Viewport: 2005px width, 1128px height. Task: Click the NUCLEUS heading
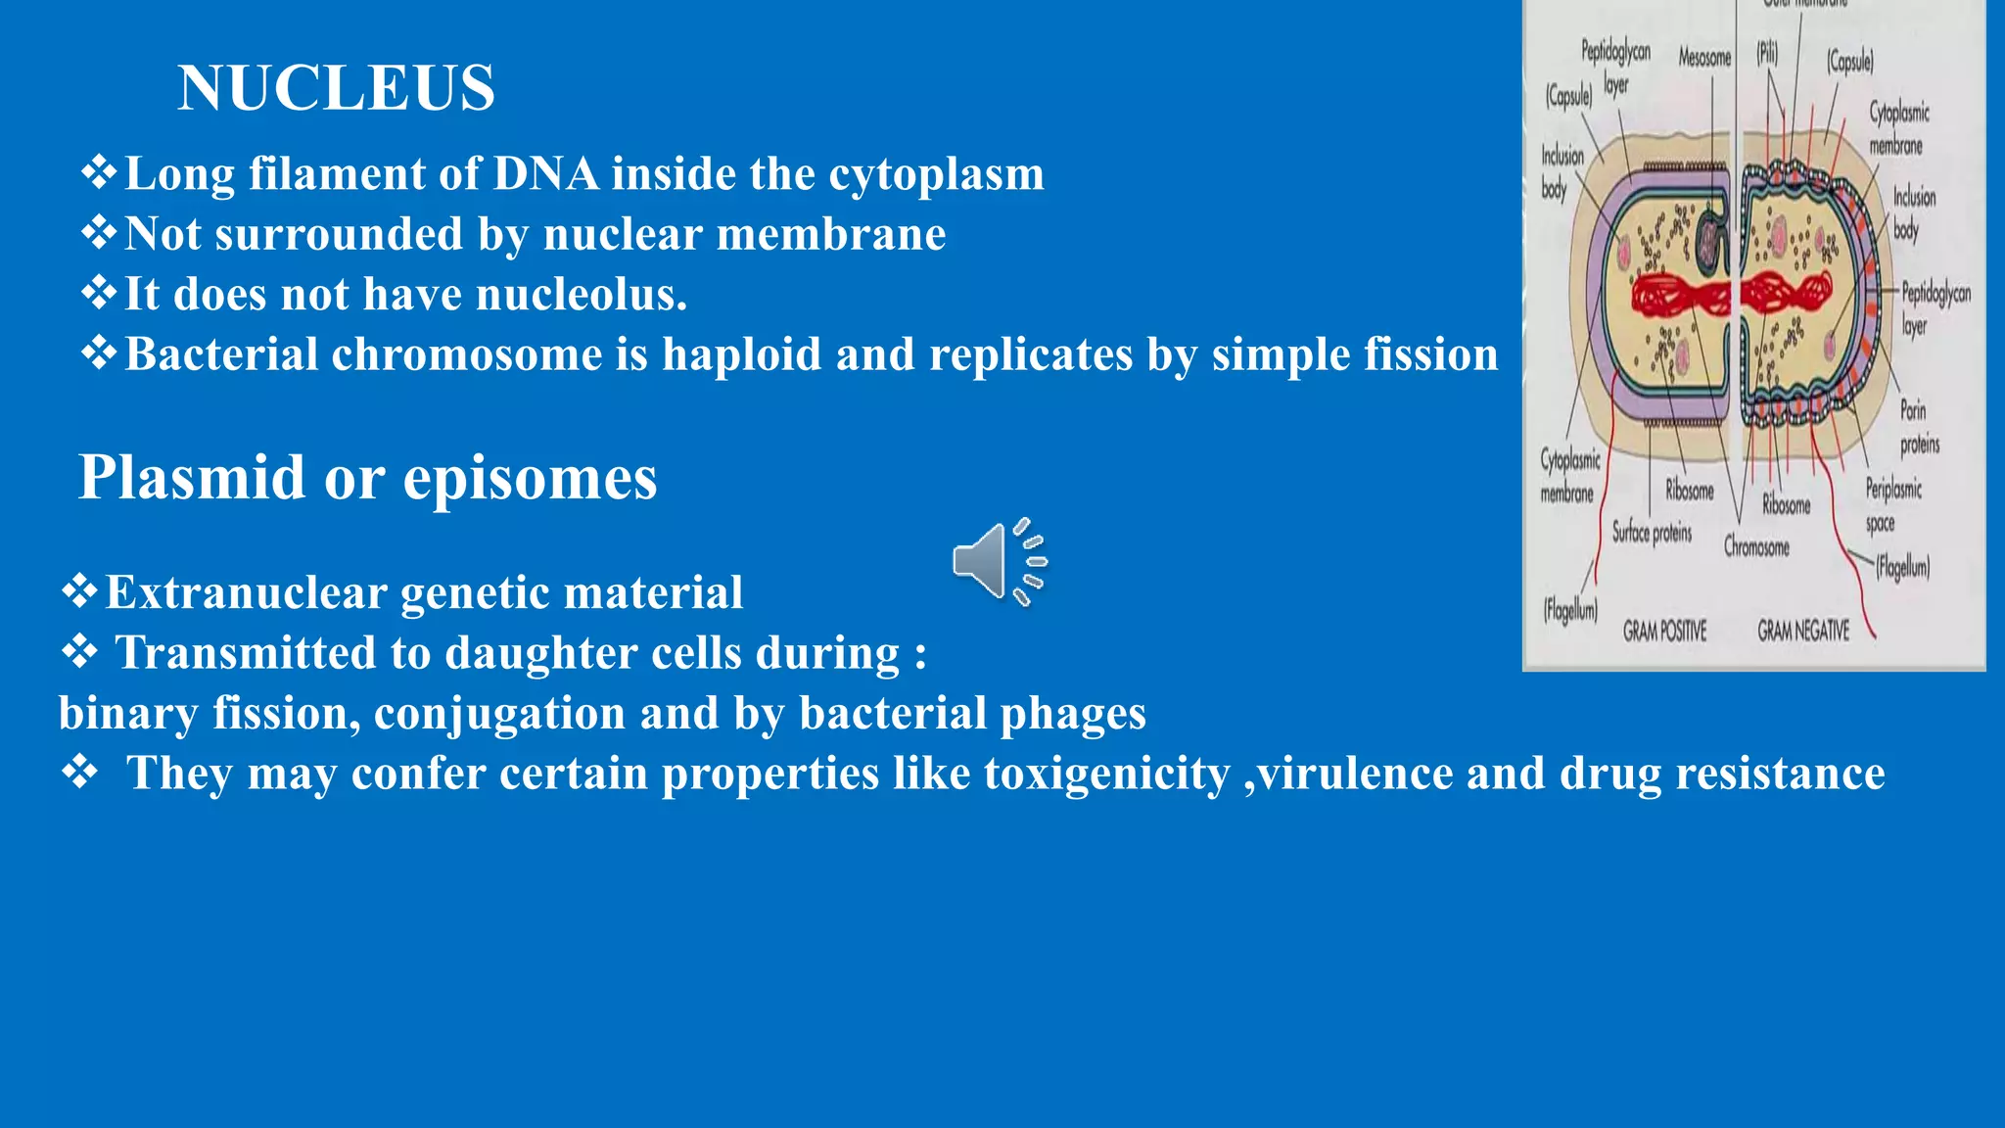(336, 88)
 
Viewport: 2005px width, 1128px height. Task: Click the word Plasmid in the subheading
(192, 479)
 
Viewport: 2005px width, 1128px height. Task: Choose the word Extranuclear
(246, 593)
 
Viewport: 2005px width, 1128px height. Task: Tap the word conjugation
(499, 714)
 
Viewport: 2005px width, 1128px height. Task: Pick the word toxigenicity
(1106, 775)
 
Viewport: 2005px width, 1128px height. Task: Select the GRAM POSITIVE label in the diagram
(1664, 632)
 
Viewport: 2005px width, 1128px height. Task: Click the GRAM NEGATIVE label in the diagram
(1803, 632)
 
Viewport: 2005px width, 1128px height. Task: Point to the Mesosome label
(1704, 59)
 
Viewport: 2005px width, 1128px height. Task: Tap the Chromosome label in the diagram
(1756, 547)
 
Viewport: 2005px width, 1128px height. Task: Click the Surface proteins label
(1653, 533)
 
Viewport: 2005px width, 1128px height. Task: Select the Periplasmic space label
(1892, 505)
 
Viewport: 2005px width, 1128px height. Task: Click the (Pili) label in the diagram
(1767, 53)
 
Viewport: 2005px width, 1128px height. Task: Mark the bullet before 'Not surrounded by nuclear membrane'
(99, 234)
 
